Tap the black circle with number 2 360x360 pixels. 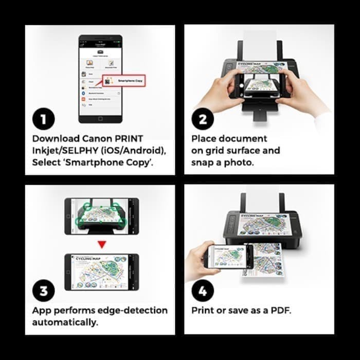202,120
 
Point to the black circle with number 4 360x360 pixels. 202,292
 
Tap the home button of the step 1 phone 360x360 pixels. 100,117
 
